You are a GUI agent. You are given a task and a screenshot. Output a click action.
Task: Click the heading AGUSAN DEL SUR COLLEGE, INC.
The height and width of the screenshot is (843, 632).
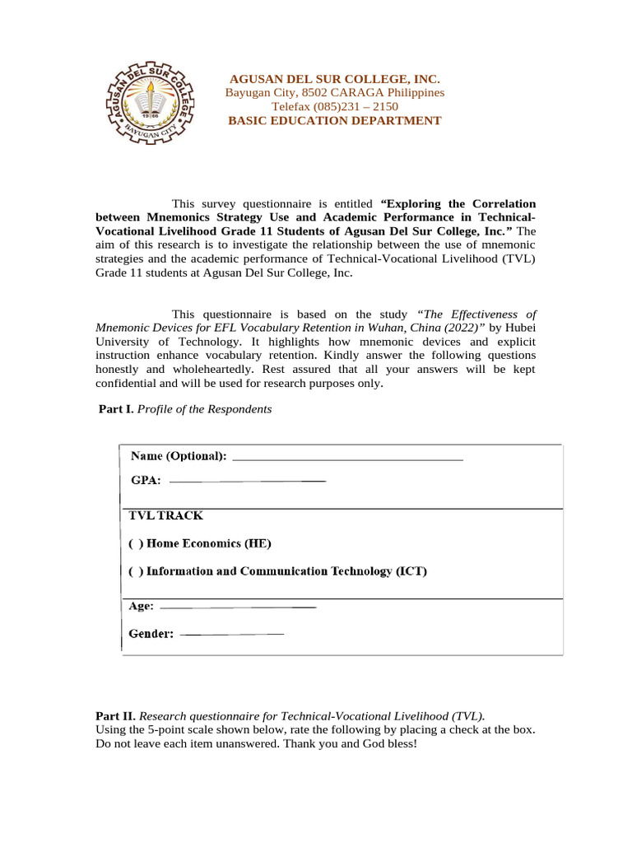coord(335,78)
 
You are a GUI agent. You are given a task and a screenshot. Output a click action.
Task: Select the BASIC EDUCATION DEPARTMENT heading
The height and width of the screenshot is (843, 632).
coord(335,121)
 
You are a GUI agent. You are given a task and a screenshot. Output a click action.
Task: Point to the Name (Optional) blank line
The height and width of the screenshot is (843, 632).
coord(348,458)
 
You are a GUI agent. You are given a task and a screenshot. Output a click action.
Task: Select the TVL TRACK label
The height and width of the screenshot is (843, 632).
coord(165,516)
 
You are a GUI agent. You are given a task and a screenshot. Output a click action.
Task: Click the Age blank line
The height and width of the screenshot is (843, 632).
coord(237,608)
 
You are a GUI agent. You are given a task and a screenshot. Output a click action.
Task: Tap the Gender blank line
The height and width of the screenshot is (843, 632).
coord(231,634)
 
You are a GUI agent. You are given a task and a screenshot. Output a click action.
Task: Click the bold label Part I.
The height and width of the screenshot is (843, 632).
coord(116,409)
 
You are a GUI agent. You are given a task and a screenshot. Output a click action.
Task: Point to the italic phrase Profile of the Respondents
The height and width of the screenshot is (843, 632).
coord(204,409)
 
